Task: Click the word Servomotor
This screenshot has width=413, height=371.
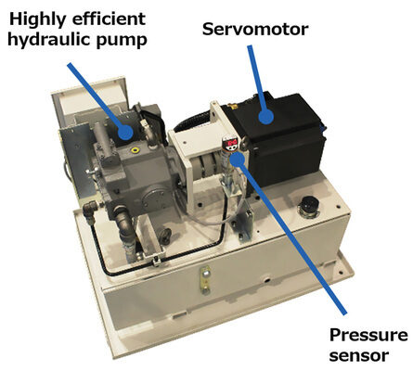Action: [255, 30]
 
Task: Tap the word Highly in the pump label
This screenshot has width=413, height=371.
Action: [38, 20]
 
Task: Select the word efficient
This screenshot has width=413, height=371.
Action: [109, 19]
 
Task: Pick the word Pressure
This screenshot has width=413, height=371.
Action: [368, 335]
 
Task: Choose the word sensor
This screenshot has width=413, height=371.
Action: [359, 355]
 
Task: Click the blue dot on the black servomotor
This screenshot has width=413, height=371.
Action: [266, 117]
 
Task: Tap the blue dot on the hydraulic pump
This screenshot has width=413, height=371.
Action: [125, 133]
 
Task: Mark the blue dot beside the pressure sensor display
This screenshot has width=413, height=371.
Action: [238, 158]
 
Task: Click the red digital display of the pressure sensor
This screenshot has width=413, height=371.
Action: [231, 143]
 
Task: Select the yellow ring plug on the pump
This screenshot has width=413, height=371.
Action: [135, 150]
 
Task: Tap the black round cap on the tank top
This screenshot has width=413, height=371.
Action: [310, 205]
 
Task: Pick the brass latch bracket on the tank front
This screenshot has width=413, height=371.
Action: [205, 280]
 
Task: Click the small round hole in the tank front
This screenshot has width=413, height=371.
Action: [265, 281]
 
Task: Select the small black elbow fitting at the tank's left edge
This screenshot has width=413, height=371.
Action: [89, 210]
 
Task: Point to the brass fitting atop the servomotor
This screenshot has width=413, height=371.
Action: [230, 106]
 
